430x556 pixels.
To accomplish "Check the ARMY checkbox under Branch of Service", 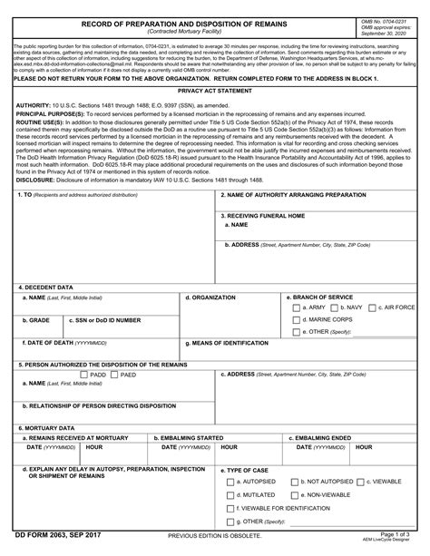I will click(298, 307).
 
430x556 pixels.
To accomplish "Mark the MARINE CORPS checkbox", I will click(298, 320).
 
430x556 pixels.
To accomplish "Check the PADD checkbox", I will click(83, 374).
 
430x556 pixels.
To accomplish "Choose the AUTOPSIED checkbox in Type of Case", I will click(230, 482).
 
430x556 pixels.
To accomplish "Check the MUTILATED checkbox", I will click(230, 495).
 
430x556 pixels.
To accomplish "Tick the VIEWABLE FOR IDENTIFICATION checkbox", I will click(230, 509).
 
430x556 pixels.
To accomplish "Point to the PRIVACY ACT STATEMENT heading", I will click(214, 92).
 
